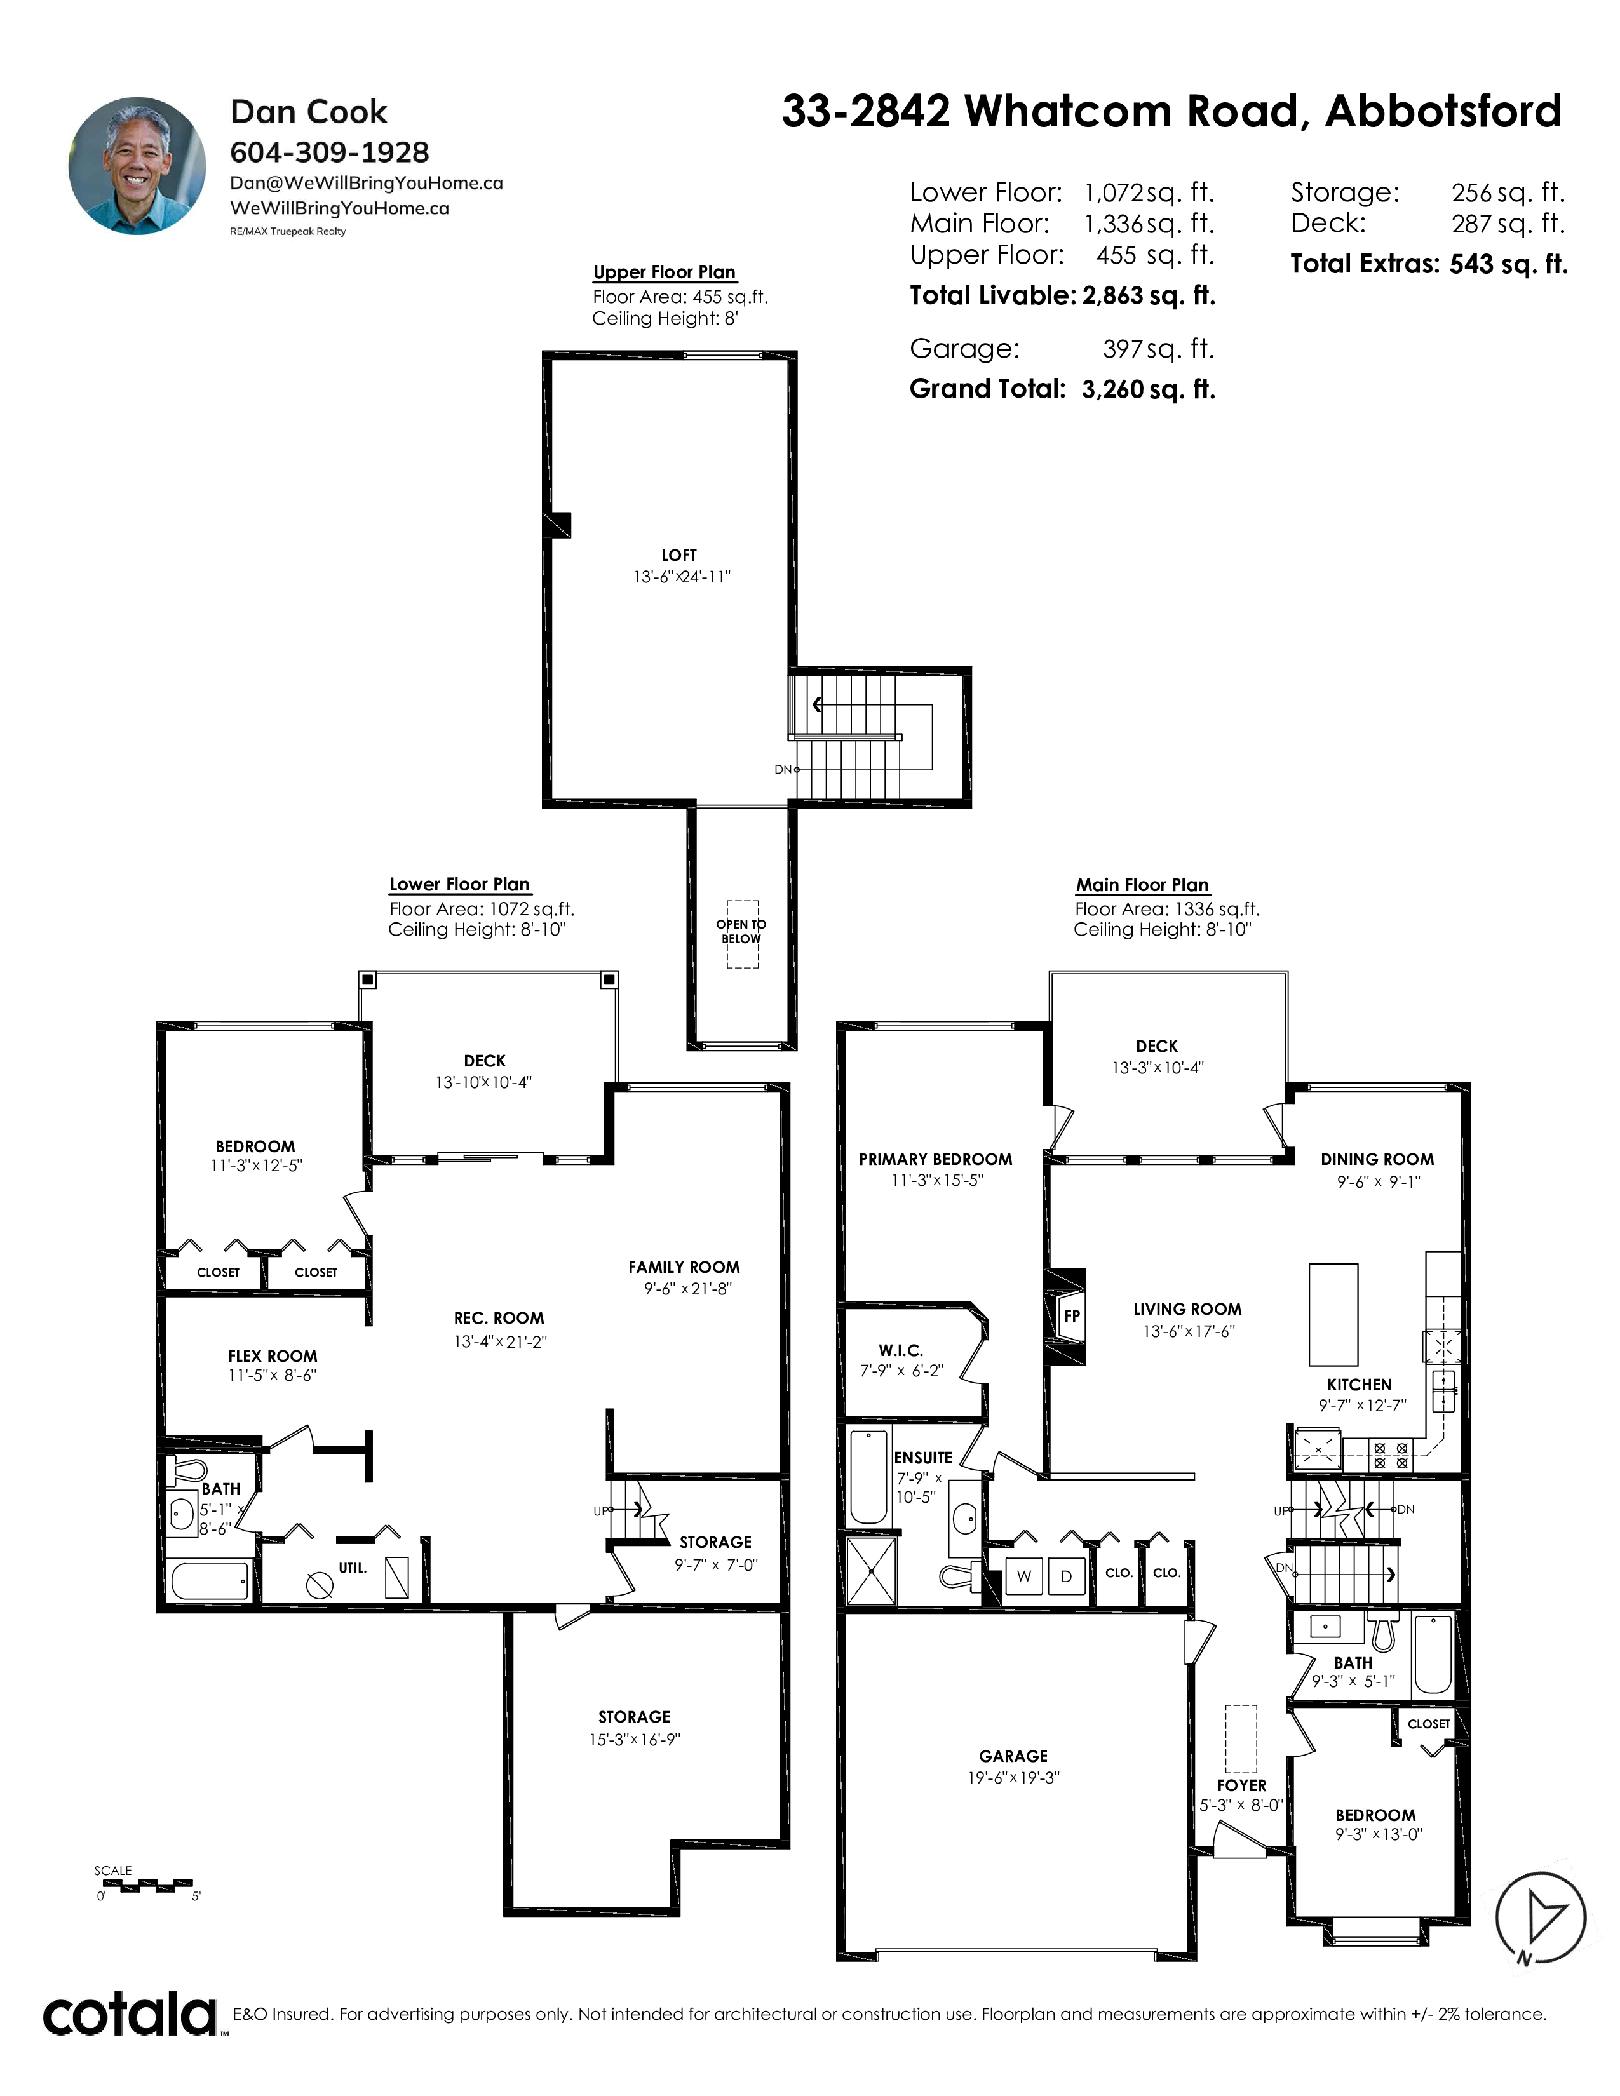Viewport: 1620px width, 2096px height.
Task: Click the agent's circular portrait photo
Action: [x=137, y=165]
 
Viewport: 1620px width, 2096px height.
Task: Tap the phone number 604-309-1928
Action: [x=329, y=152]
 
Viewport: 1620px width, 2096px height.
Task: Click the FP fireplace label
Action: [x=1072, y=1316]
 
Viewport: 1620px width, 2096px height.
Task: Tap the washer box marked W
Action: [x=1024, y=1576]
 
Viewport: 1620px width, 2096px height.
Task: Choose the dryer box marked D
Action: [x=1065, y=1576]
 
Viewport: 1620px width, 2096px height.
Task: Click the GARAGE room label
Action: [x=1013, y=1756]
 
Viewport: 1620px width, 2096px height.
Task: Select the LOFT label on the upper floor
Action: [x=678, y=554]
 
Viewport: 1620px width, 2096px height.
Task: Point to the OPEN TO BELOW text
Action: [x=741, y=932]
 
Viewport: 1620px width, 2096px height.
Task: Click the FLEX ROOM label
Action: [x=273, y=1356]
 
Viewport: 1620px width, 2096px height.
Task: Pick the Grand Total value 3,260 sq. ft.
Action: [x=1149, y=389]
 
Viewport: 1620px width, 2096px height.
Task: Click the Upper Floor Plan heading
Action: [x=664, y=272]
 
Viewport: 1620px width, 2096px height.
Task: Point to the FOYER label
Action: [x=1242, y=1785]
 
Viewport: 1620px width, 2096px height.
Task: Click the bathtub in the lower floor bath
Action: [x=211, y=1581]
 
